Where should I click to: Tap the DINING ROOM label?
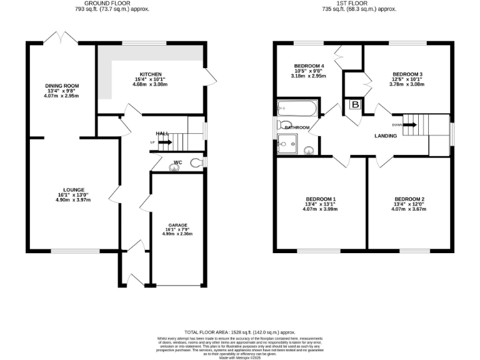tap(61, 86)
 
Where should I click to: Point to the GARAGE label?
tap(177, 224)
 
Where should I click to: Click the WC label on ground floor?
tap(177, 162)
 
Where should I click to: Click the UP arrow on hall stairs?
tap(163, 142)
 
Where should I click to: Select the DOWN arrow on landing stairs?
tap(409, 124)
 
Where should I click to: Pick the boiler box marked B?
tap(356, 105)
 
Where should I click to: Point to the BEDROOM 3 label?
tap(407, 74)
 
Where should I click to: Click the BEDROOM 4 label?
tap(309, 66)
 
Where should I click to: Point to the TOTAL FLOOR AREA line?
tap(239, 332)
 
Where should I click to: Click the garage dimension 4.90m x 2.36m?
tap(177, 234)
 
